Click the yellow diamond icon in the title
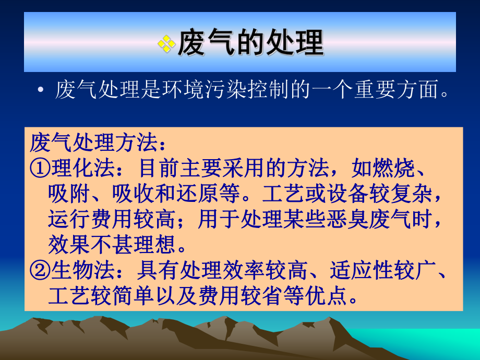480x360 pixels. click(x=166, y=43)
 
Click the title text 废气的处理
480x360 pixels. click(x=250, y=42)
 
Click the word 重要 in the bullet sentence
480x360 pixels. click(x=381, y=90)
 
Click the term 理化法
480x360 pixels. click(x=79, y=168)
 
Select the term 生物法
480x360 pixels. click(x=79, y=270)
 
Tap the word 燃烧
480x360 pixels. click(x=394, y=168)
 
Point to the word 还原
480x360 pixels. click(x=225, y=194)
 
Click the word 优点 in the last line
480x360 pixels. click(x=329, y=296)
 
